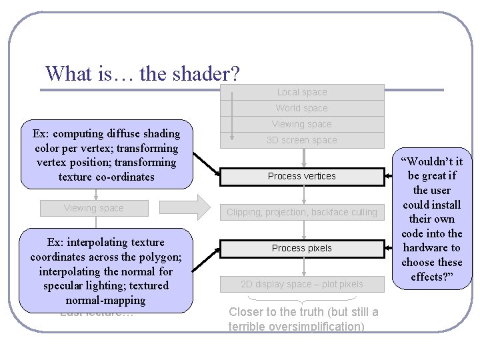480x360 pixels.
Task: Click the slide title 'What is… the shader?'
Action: tap(143, 73)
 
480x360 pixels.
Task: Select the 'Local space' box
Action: tap(302, 92)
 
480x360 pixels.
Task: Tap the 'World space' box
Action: tap(302, 108)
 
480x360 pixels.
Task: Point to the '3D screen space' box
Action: tap(302, 140)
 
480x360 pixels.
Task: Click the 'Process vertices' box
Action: tap(302, 176)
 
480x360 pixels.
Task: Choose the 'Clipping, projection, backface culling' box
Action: tap(302, 212)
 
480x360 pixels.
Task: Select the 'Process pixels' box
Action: tap(302, 248)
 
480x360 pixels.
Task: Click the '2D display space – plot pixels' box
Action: tap(302, 284)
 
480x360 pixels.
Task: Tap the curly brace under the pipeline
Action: tap(303, 298)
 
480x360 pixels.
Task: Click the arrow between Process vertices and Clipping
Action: tap(304, 194)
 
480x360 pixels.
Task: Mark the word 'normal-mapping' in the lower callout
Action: tap(105, 300)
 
